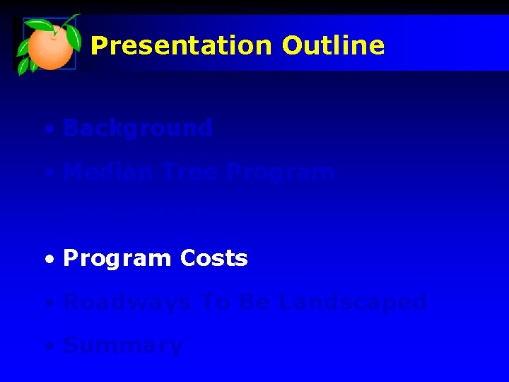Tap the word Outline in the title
click(x=333, y=46)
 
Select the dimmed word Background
click(x=137, y=128)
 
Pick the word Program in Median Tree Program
click(x=283, y=173)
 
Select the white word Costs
click(x=213, y=259)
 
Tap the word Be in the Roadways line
click(x=255, y=303)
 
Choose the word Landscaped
click(x=353, y=303)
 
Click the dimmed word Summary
click(x=122, y=346)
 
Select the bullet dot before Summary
click(x=48, y=347)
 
